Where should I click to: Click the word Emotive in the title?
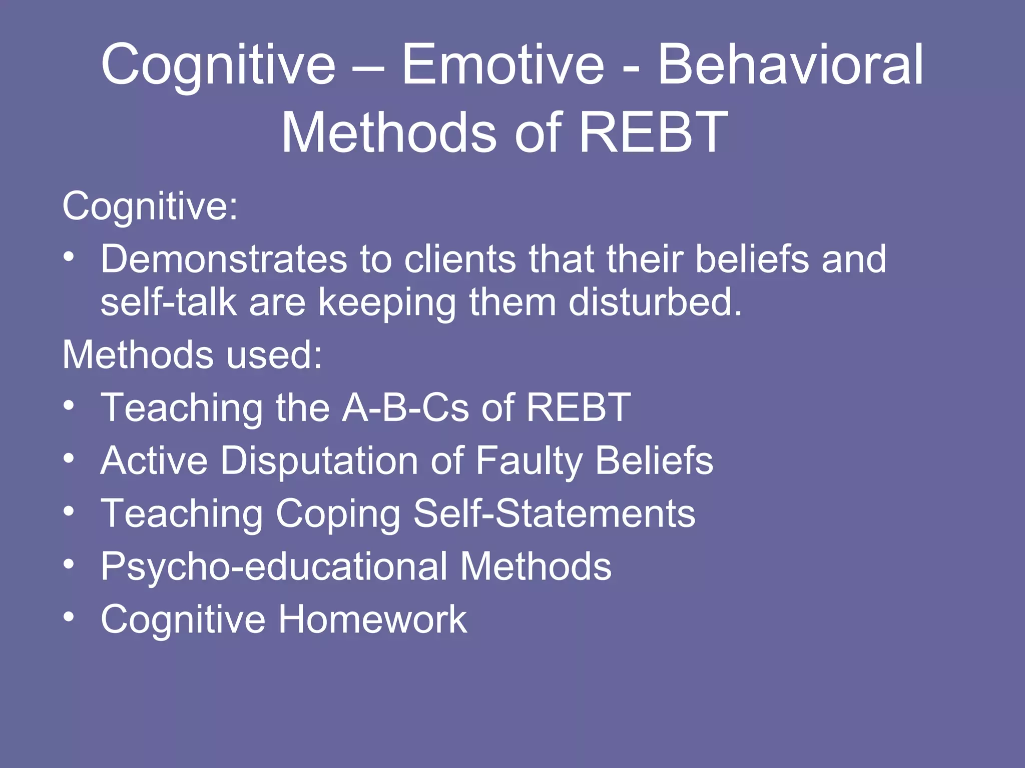click(x=502, y=65)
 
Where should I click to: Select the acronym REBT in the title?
click(x=653, y=133)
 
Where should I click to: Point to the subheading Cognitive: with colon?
click(x=150, y=206)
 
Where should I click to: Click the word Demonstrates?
click(x=224, y=259)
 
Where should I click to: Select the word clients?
click(x=459, y=259)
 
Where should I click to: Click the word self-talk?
click(x=168, y=302)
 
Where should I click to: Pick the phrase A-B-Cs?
click(x=405, y=407)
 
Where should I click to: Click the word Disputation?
click(x=319, y=460)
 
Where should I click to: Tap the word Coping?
click(x=338, y=514)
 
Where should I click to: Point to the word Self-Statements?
click(x=554, y=513)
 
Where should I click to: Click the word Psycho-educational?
click(x=274, y=566)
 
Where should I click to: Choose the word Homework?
click(x=372, y=619)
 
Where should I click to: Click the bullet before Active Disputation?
click(x=69, y=458)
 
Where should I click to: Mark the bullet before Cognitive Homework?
click(x=69, y=617)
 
